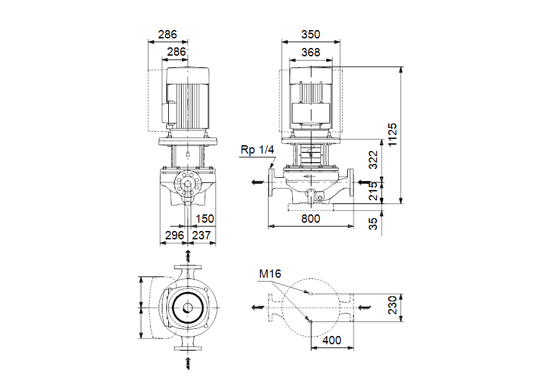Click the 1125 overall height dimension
pyautogui.click(x=393, y=134)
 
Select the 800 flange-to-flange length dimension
pyautogui.click(x=311, y=218)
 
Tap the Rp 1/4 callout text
pyautogui.click(x=257, y=150)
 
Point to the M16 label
pyautogui.click(x=270, y=274)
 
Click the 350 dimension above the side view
pyautogui.click(x=311, y=35)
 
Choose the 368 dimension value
pyautogui.click(x=311, y=52)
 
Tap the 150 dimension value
pyautogui.click(x=205, y=218)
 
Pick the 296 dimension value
pyautogui.click(x=175, y=235)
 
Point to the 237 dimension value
pyautogui.click(x=201, y=235)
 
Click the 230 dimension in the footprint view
pyautogui.click(x=393, y=308)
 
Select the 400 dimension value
pyautogui.click(x=331, y=340)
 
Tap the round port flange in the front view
pyautogui.click(x=188, y=182)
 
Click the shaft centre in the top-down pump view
pyautogui.click(x=188, y=308)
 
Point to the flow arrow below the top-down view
pyautogui.click(x=188, y=363)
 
